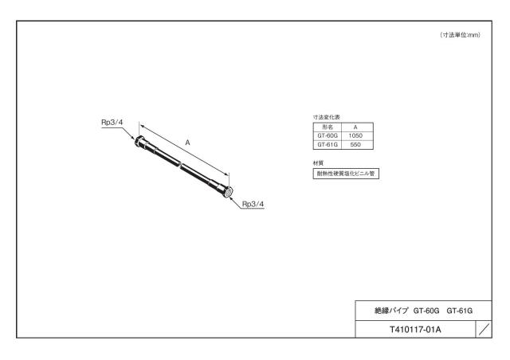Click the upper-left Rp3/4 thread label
(x=112, y=123)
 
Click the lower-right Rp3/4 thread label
(x=253, y=204)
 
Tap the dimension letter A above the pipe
(x=188, y=143)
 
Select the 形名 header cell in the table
(x=328, y=127)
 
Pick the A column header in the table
(x=355, y=127)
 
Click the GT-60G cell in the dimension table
(x=328, y=135)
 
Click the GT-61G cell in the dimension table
(x=328, y=145)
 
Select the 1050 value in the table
(x=355, y=135)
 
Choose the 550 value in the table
(x=355, y=145)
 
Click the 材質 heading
(x=318, y=163)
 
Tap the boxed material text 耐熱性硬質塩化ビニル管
(x=346, y=174)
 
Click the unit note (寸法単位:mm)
(x=461, y=35)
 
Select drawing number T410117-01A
(x=415, y=330)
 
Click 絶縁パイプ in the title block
(x=391, y=311)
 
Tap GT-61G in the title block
(x=459, y=311)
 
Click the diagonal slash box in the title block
(x=484, y=330)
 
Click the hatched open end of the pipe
(x=229, y=191)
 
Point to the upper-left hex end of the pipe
(x=140, y=141)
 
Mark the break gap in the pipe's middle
(x=180, y=164)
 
